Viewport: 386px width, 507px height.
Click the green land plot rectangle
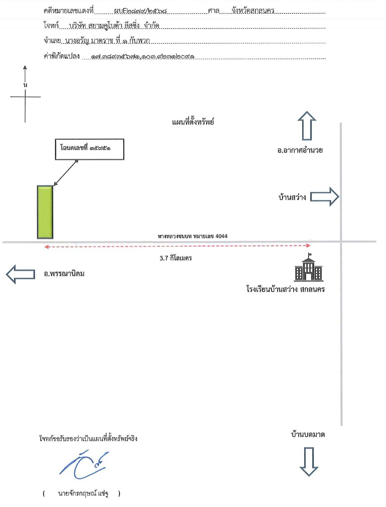point(45,212)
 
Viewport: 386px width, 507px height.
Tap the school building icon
point(309,267)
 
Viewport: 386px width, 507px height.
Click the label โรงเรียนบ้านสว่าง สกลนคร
point(286,289)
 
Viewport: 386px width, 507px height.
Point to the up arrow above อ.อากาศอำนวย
point(307,126)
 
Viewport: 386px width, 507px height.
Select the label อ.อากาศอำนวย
point(300,150)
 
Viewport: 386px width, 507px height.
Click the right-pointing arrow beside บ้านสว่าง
point(325,197)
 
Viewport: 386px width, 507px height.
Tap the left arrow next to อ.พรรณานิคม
point(20,274)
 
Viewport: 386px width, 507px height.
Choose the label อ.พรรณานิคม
point(64,274)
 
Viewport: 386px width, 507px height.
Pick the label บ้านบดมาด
point(308,435)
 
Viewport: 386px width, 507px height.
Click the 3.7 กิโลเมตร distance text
point(175,258)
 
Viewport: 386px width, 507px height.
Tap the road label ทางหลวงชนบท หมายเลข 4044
point(192,236)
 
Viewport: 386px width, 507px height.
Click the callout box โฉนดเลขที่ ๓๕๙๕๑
point(89,149)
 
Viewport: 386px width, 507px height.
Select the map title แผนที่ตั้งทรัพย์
point(193,122)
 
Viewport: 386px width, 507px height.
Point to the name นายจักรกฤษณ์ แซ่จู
point(83,494)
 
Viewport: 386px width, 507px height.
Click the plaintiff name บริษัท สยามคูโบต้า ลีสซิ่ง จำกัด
point(114,26)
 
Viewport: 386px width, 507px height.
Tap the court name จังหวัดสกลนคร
point(253,11)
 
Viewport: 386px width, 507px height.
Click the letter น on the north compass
point(25,85)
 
